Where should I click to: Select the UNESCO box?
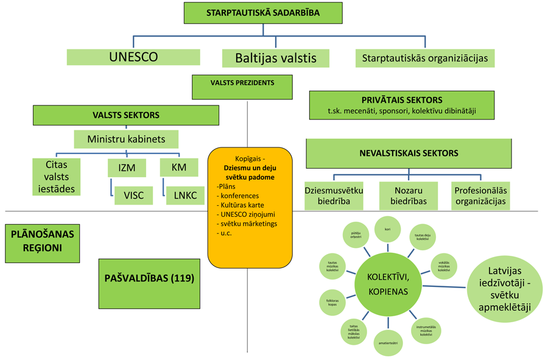click(133, 57)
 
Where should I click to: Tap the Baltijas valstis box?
click(276, 58)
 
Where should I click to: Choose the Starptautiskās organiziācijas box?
click(424, 58)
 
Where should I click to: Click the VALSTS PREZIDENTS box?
click(242, 87)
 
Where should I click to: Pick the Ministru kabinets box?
click(126, 139)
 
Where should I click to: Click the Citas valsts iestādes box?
click(55, 176)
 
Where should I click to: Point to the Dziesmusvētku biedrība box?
click(334, 196)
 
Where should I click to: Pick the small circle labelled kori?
click(387, 230)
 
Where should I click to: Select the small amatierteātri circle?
click(388, 342)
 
